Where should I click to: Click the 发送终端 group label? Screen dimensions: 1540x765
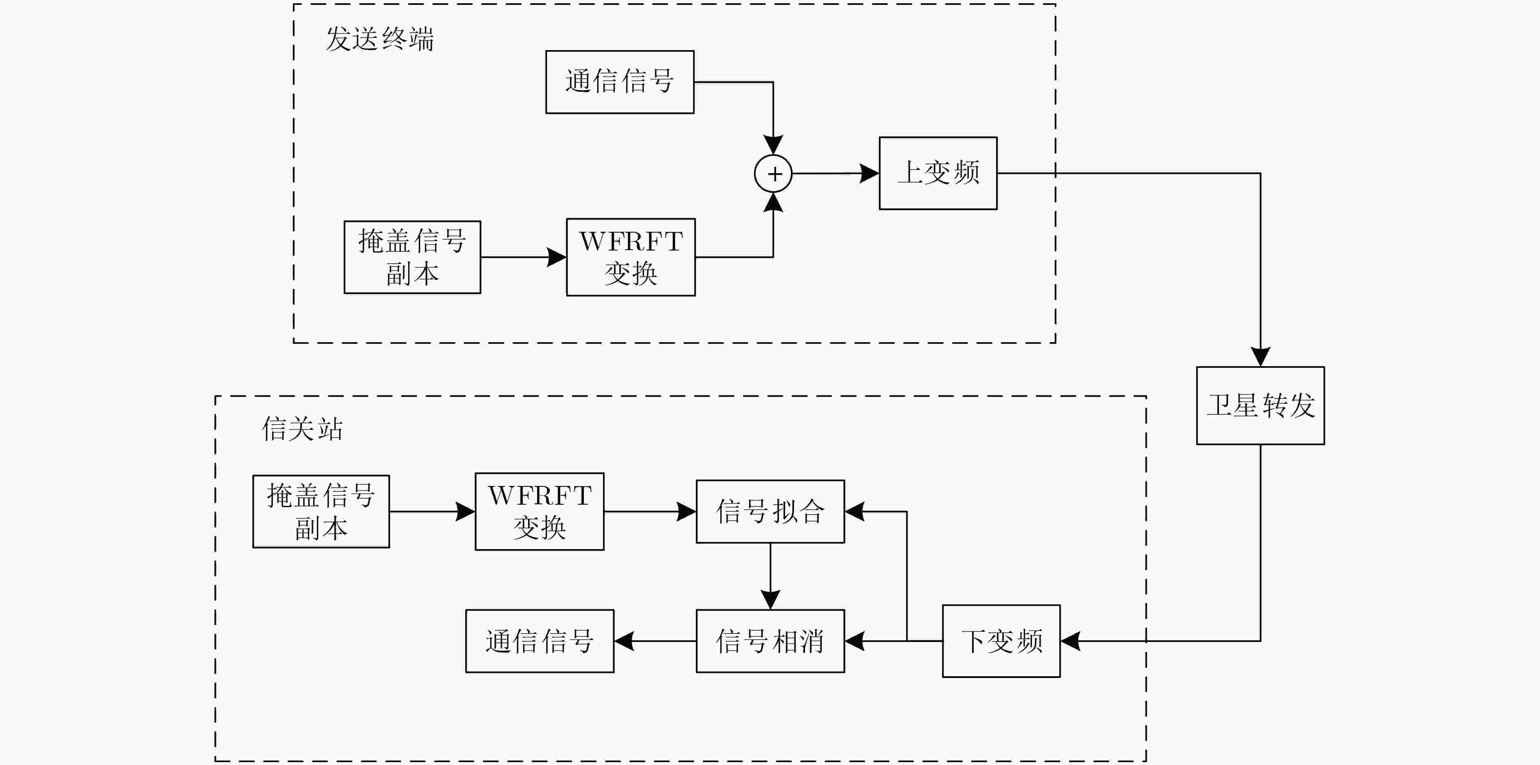(380, 39)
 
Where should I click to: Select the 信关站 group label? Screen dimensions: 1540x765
(302, 429)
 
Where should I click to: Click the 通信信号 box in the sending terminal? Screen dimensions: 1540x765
(620, 82)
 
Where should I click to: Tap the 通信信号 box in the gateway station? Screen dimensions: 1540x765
(540, 641)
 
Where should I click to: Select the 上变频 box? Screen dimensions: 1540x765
(938, 173)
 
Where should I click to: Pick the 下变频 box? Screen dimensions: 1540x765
(1001, 641)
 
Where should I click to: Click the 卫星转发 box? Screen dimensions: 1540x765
(1260, 405)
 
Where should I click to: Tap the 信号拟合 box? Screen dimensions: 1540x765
(770, 512)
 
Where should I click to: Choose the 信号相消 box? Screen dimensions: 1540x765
(770, 641)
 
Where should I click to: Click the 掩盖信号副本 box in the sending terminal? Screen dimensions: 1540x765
(412, 257)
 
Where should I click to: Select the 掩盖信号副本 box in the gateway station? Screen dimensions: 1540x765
(321, 512)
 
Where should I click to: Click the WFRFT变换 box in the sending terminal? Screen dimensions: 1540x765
(631, 257)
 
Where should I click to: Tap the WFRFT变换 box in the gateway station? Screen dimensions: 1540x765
(539, 512)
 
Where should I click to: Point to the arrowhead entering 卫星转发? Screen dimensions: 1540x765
(1260, 357)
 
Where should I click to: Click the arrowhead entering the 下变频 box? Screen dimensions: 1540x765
(1071, 641)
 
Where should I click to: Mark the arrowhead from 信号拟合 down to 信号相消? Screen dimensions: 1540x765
(770, 600)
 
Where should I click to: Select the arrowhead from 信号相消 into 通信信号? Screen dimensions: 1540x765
(624, 641)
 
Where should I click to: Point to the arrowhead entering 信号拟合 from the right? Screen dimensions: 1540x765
(855, 512)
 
